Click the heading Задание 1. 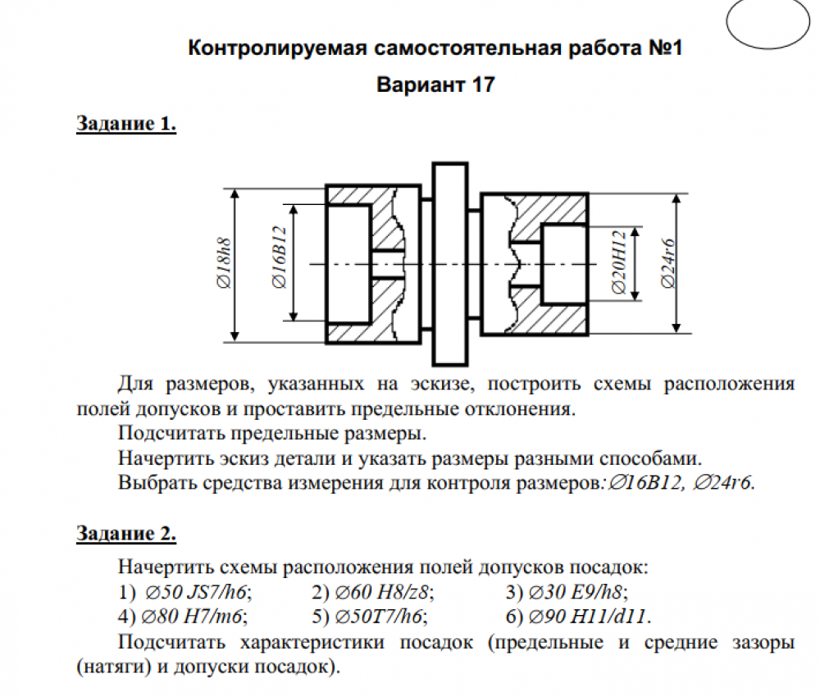pyautogui.click(x=126, y=125)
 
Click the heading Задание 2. pyautogui.click(x=126, y=535)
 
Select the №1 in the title pyautogui.click(x=664, y=48)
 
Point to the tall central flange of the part pyautogui.click(x=450, y=263)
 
